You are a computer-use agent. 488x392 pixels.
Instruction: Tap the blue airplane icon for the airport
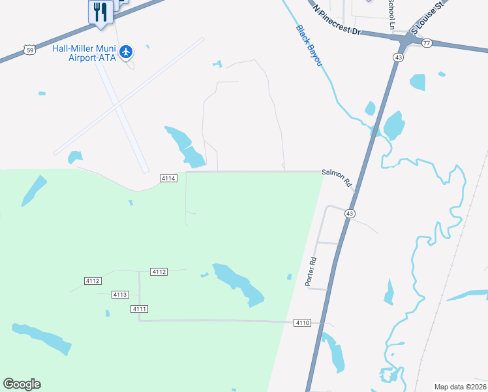[x=127, y=51]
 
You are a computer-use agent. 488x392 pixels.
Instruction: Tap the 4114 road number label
[x=168, y=178]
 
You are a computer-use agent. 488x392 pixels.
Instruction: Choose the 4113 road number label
[x=119, y=295]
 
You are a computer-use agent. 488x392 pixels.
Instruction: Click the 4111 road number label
[x=139, y=308]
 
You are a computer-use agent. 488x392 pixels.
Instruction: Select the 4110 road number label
[x=302, y=323]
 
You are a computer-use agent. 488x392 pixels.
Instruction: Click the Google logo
[x=22, y=384]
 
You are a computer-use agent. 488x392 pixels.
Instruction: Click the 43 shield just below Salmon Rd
[x=350, y=214]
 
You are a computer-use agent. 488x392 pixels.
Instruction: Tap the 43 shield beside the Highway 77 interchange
[x=397, y=57]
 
